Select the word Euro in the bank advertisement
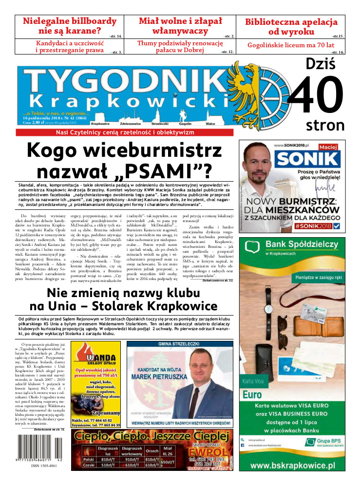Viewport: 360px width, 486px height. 252,394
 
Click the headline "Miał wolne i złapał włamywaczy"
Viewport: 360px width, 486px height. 180,26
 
